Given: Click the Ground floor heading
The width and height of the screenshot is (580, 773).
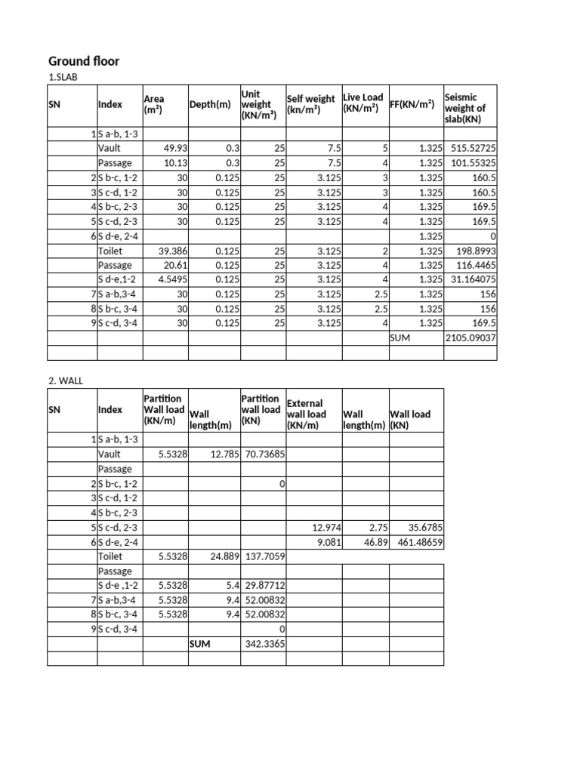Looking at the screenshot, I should click(84, 61).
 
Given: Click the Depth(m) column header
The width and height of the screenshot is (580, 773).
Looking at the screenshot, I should click(210, 104).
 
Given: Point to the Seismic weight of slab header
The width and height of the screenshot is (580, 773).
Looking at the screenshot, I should click(469, 108).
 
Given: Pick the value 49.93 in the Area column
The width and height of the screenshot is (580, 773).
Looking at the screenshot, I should click(170, 149).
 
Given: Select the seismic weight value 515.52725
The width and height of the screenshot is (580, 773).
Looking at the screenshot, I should click(472, 149).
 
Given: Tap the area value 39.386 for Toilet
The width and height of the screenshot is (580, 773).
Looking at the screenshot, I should click(168, 251).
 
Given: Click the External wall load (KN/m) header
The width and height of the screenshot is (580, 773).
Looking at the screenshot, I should click(307, 414).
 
